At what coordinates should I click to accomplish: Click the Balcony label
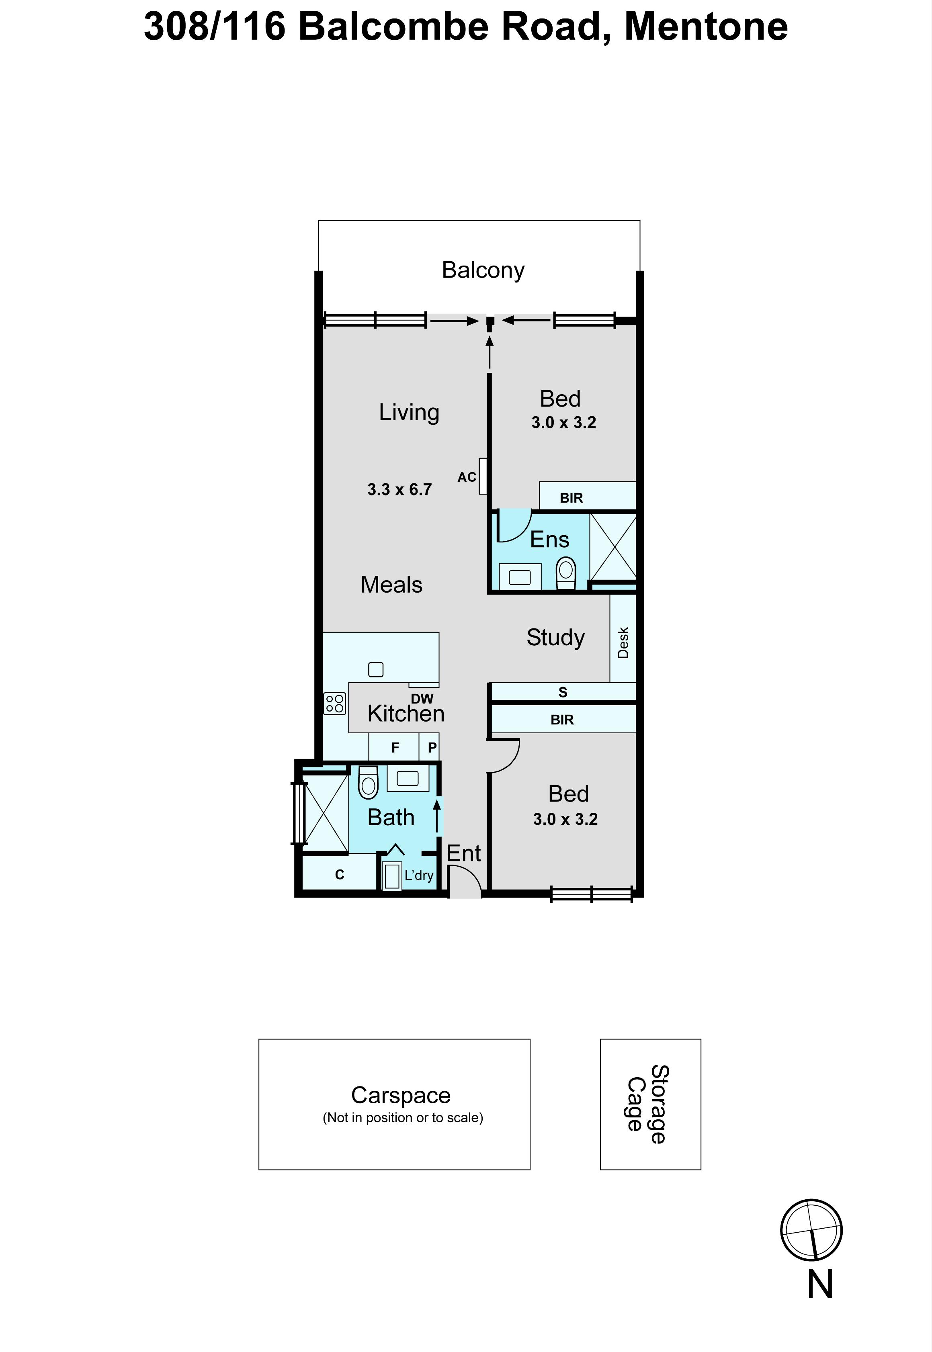(x=483, y=271)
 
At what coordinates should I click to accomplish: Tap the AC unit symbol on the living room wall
(x=482, y=476)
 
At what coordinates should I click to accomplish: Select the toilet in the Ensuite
(x=566, y=574)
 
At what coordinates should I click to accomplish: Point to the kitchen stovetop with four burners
(x=335, y=704)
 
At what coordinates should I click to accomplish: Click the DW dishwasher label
(x=422, y=698)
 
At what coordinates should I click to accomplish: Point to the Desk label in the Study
(x=623, y=643)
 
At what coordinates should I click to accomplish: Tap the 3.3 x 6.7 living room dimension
(x=399, y=489)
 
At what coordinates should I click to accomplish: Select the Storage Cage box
(x=651, y=1104)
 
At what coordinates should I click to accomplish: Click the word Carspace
(x=401, y=1095)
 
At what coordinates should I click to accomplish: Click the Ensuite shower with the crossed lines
(x=612, y=547)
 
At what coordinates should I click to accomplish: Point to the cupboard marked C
(x=339, y=874)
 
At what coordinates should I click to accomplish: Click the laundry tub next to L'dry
(x=392, y=875)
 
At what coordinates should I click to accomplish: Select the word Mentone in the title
(x=706, y=27)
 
